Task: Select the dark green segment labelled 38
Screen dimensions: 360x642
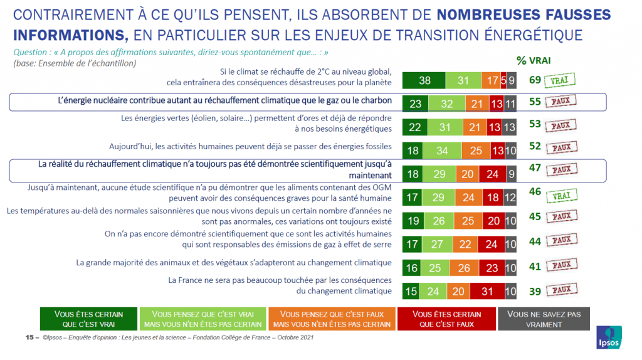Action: pos(424,80)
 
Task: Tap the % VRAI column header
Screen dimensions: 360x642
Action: pos(534,61)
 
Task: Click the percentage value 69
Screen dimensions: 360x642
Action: pos(534,80)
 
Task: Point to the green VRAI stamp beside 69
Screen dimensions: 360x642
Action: pos(560,80)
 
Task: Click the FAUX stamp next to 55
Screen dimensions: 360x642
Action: pos(560,102)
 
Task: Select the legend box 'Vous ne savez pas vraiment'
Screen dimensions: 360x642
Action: pos(544,319)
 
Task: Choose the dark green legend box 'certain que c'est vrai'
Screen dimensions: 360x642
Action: pos(88,319)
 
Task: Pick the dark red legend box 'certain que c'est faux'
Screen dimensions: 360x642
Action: pos(447,319)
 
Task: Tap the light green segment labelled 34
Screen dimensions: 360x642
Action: pos(441,151)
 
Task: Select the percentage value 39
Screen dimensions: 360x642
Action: pos(534,290)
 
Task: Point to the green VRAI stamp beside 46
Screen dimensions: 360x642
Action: pos(560,194)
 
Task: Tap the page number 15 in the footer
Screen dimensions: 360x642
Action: pos(29,337)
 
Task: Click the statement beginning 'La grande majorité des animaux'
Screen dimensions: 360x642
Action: pos(234,262)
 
